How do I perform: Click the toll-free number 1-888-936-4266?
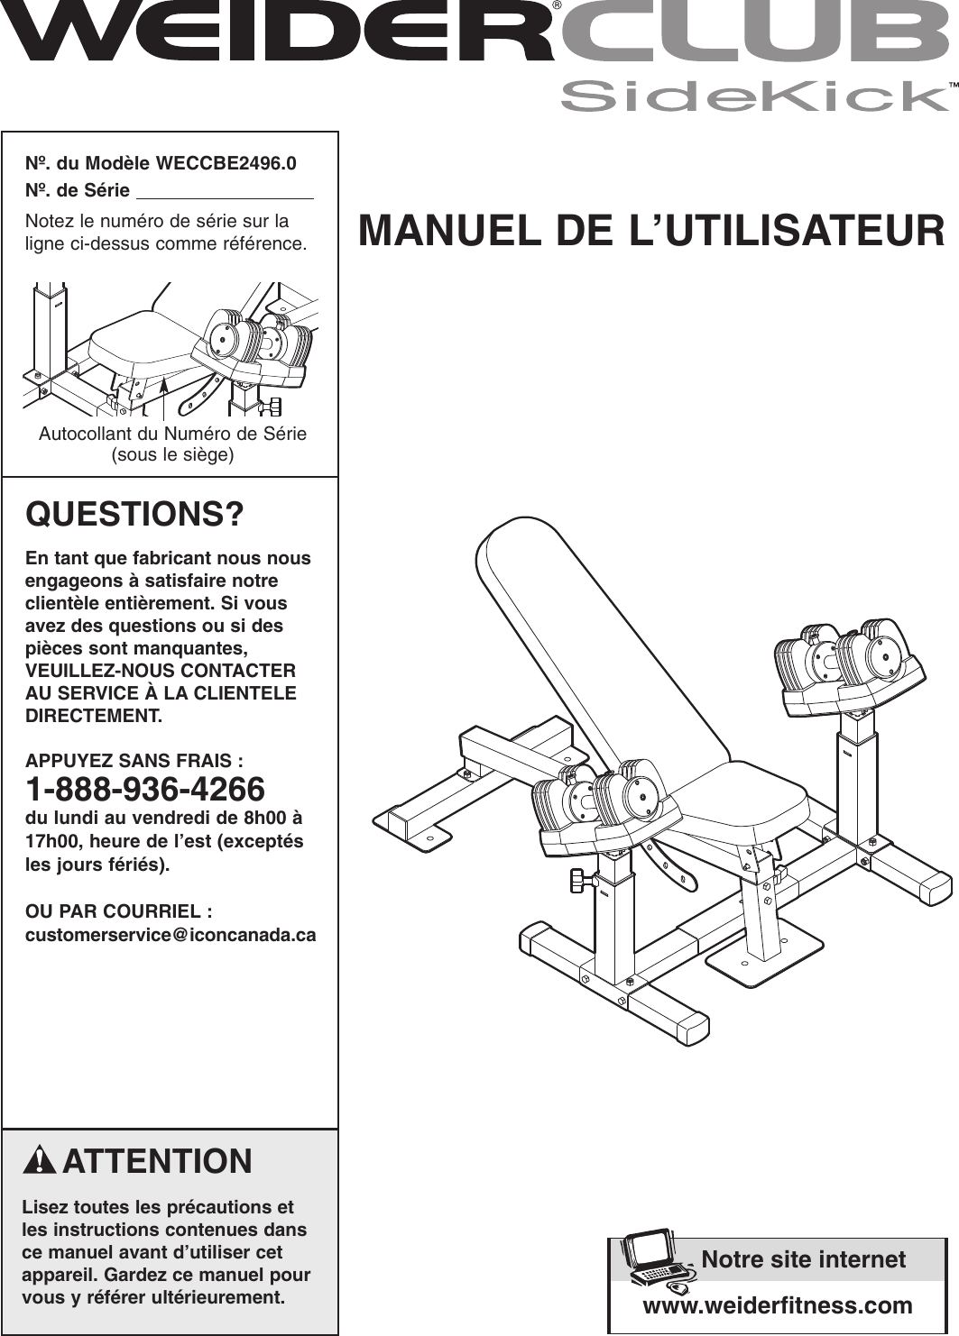[145, 790]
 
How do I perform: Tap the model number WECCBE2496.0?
[226, 163]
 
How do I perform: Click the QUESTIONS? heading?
[134, 515]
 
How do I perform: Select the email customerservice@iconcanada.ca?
[171, 935]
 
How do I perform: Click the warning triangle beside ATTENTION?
[41, 1160]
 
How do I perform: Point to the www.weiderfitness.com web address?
[777, 1305]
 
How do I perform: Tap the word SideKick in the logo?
[752, 96]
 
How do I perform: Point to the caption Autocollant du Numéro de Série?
[172, 434]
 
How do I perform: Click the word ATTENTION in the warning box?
[157, 1161]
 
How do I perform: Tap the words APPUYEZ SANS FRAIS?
[134, 761]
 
